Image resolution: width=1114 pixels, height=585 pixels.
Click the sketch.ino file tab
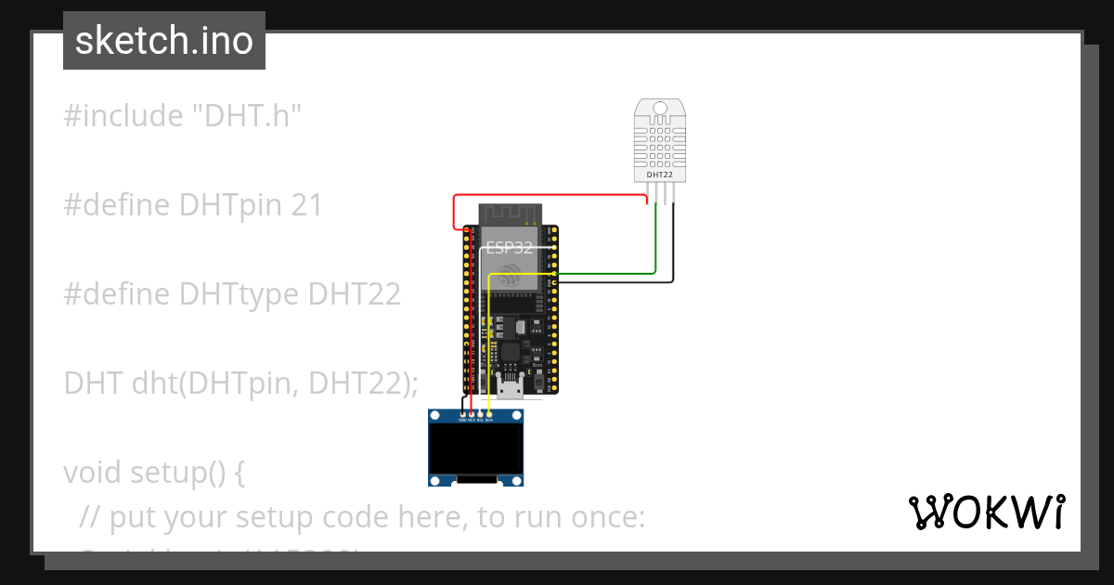click(164, 41)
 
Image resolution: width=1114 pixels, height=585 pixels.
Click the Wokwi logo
click(985, 513)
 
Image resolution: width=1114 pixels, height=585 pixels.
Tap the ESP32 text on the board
click(510, 248)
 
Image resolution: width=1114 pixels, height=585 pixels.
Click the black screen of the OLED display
click(474, 449)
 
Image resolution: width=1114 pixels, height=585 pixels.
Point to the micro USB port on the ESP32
click(510, 385)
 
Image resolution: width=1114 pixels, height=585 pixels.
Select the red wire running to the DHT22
click(548, 196)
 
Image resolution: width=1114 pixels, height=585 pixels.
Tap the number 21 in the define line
click(306, 205)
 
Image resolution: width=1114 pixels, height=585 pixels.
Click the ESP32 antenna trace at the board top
click(510, 214)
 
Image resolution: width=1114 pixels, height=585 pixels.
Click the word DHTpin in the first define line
click(231, 205)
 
